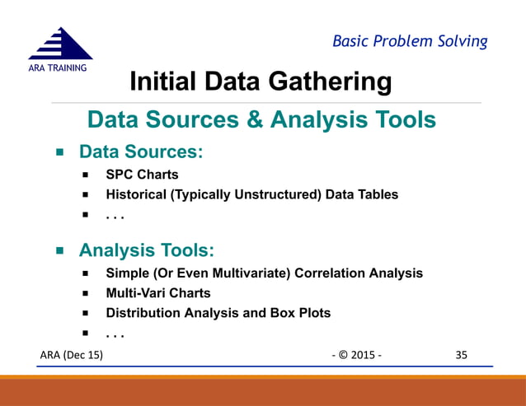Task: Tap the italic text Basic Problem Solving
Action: click(410, 40)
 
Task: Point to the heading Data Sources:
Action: click(140, 152)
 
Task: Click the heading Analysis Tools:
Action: click(146, 250)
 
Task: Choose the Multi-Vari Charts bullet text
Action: click(158, 293)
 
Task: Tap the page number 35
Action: click(461, 355)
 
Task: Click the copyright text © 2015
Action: click(357, 355)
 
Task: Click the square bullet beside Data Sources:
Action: click(60, 153)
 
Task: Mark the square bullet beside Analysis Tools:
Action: click(60, 250)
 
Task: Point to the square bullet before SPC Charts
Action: click(85, 175)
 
